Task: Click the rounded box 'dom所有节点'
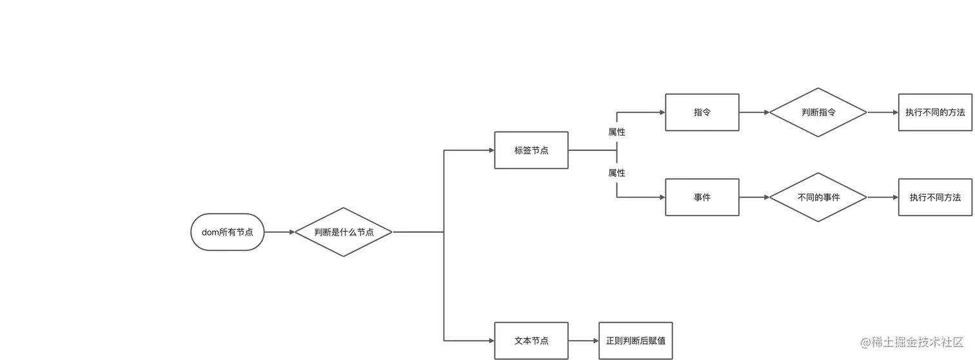(228, 232)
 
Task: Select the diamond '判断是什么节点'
(344, 232)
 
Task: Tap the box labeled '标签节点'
(531, 150)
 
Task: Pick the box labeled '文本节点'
(531, 341)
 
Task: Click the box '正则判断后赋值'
(635, 341)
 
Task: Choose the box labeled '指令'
(702, 112)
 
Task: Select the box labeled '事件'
(702, 197)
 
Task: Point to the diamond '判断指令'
(818, 112)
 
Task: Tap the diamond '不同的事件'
(818, 197)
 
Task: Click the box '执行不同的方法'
(935, 112)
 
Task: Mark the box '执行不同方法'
(935, 197)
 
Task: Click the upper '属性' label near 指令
(617, 132)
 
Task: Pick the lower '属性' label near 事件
(617, 173)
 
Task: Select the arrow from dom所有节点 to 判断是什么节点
(279, 232)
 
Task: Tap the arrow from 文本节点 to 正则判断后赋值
(584, 341)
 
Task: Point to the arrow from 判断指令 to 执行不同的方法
(883, 112)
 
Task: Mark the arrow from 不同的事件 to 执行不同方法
(883, 197)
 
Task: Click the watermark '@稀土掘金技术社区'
(912, 342)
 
